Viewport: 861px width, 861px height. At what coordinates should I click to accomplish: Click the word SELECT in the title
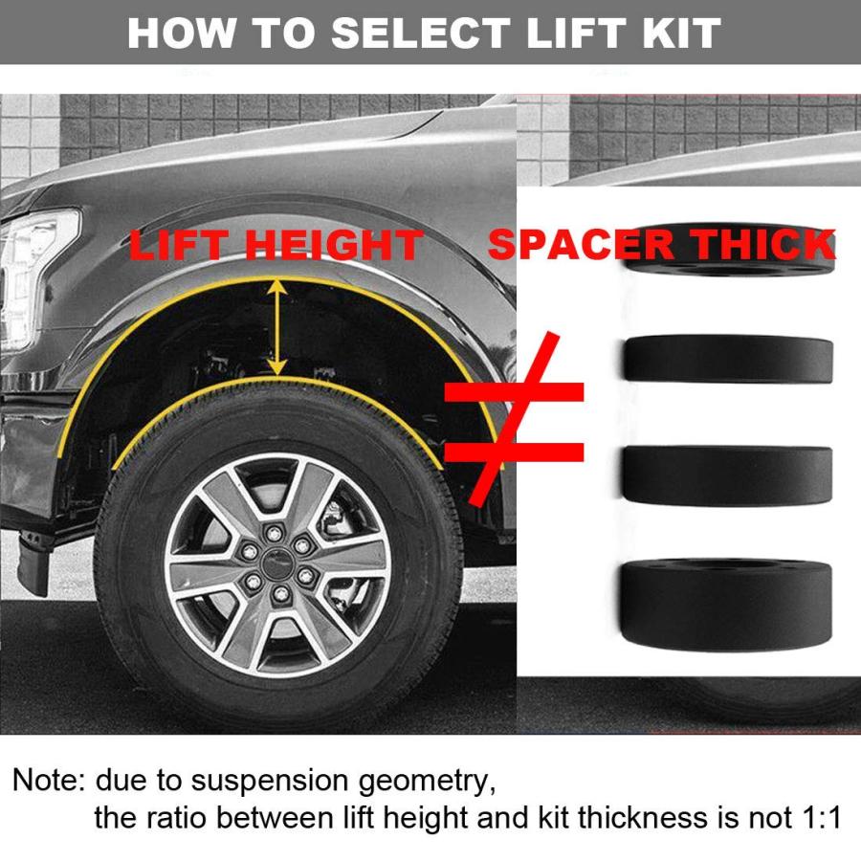pyautogui.click(x=421, y=33)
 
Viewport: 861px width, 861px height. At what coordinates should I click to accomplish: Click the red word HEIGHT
pyautogui.click(x=334, y=245)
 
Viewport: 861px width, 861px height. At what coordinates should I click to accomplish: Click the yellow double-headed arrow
pyautogui.click(x=278, y=327)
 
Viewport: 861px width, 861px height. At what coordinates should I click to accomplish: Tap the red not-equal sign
pyautogui.click(x=513, y=420)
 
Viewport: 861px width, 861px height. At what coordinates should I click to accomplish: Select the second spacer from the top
pyautogui.click(x=728, y=359)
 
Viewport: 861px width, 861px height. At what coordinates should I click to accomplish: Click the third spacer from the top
pyautogui.click(x=728, y=475)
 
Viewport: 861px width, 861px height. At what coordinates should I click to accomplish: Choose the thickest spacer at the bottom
pyautogui.click(x=726, y=605)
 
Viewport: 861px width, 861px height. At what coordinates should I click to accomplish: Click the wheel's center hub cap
pyautogui.click(x=276, y=563)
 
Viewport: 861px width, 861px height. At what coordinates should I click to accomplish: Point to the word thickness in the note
pyautogui.click(x=644, y=818)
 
